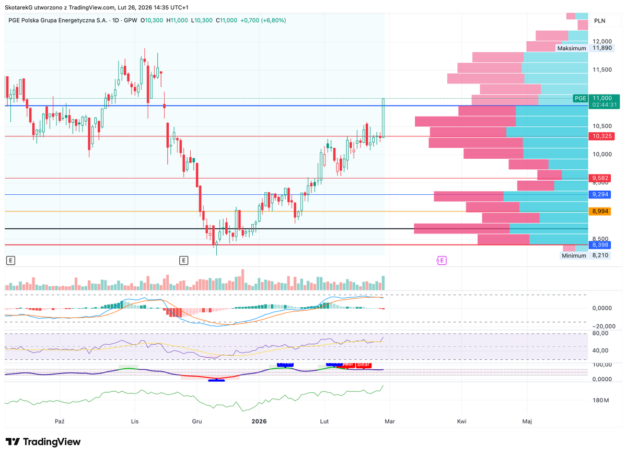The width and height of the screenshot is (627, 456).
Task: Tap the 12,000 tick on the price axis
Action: pos(602,41)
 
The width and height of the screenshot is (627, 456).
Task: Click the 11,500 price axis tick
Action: pos(602,69)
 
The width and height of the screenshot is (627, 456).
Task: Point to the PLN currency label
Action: pos(600,21)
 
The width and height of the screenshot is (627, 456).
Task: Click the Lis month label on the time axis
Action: pos(135,421)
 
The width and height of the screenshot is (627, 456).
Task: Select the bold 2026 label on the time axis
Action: pos(260,421)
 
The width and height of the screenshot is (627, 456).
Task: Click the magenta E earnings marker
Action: pos(442,260)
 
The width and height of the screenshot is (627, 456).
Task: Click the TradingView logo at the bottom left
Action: pos(43,442)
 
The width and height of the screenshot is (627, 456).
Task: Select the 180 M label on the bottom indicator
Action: pos(601,401)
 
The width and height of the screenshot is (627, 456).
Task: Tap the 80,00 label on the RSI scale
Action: pos(601,333)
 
